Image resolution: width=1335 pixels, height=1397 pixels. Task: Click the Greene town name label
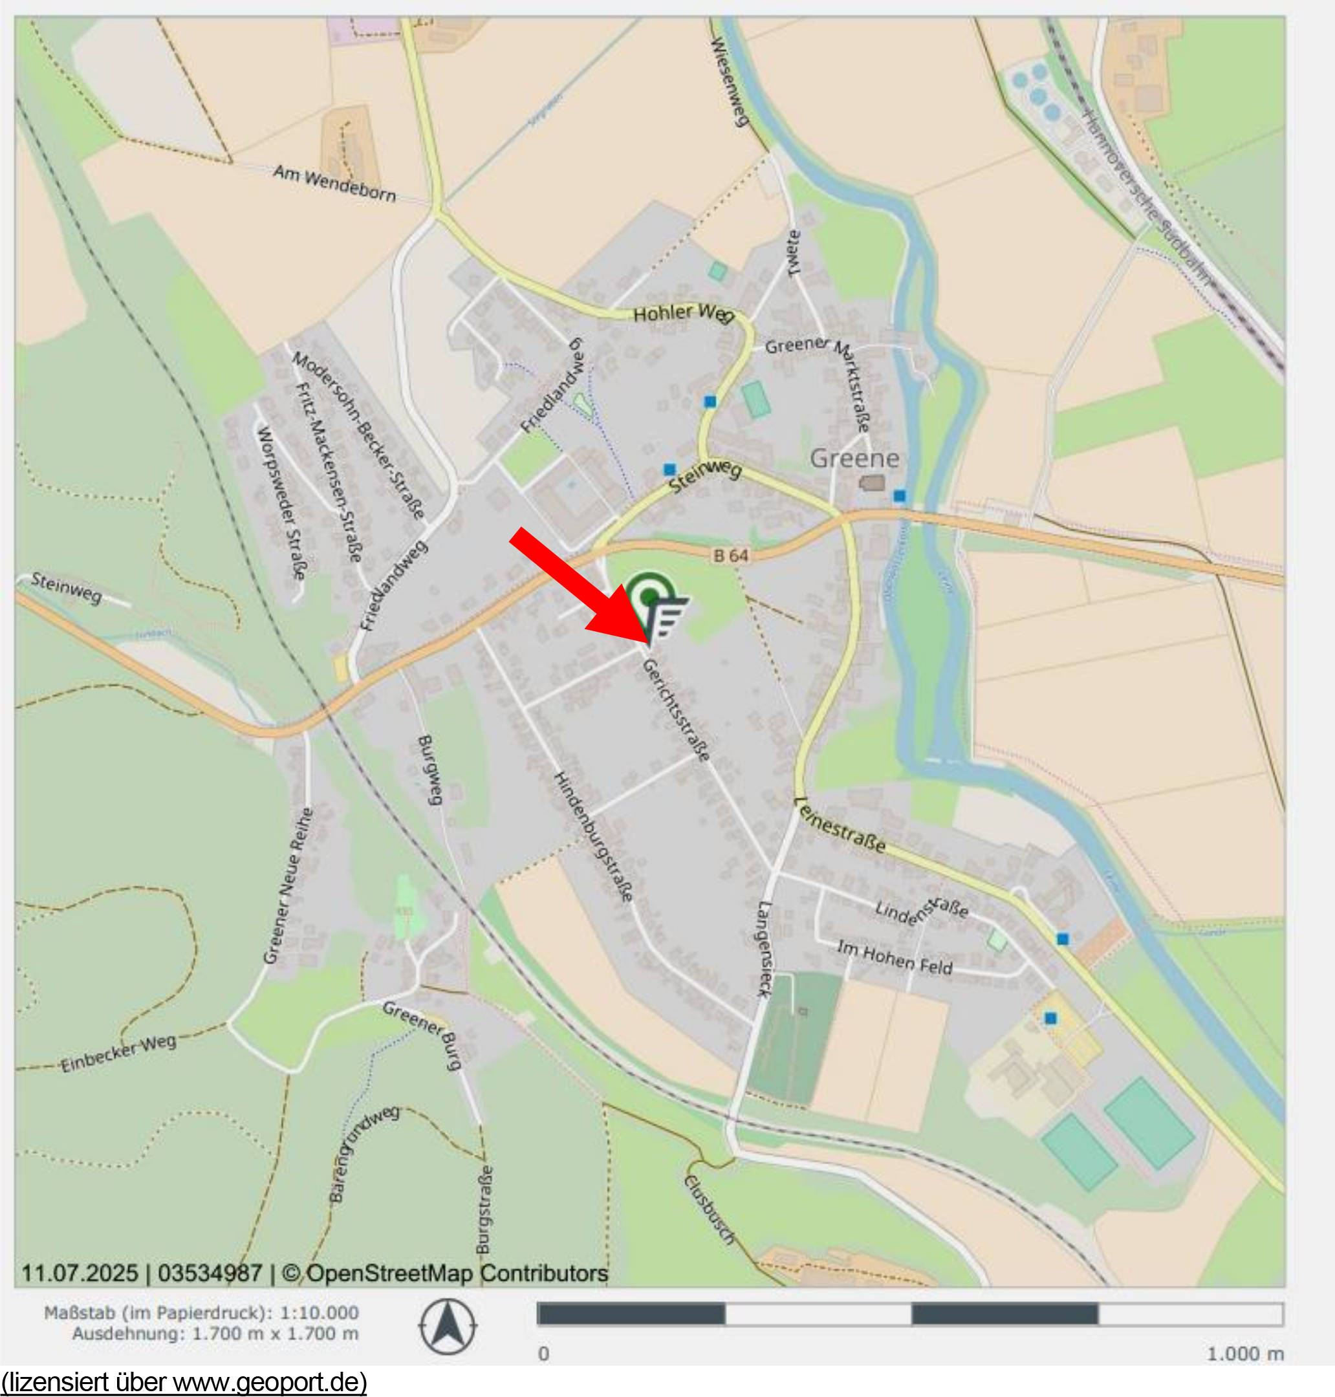tap(854, 459)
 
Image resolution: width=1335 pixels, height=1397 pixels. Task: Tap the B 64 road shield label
tap(731, 555)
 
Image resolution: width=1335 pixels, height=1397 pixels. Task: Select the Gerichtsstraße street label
tap(676, 709)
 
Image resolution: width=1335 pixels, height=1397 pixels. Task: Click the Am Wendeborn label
tap(334, 184)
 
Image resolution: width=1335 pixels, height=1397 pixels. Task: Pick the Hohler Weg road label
tap(682, 312)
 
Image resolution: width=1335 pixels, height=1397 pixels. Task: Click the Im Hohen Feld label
tap(895, 957)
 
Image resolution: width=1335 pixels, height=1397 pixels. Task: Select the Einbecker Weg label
tap(118, 1054)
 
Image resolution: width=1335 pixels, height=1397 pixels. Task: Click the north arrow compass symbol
tap(448, 1327)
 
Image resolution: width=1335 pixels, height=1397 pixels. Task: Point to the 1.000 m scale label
tap(1245, 1354)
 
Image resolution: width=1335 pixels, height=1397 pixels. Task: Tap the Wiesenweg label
tap(730, 83)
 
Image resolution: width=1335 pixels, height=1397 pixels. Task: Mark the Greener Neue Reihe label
tap(287, 885)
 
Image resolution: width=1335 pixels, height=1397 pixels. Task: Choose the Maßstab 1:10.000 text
tap(201, 1312)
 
